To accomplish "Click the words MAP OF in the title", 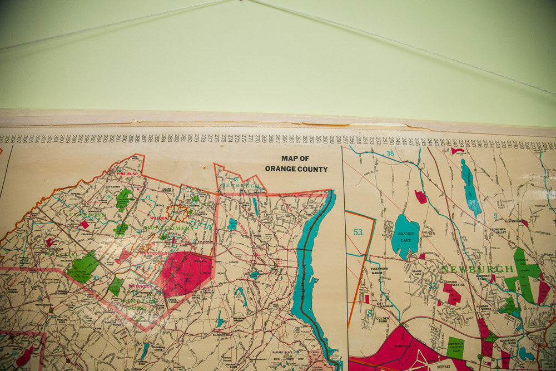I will point(295,159).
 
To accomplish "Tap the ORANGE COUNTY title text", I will point(296,169).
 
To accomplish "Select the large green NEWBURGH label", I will point(477,269).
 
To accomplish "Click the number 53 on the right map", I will point(358,231).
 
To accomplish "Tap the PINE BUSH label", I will point(127,174).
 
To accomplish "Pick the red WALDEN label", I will point(158,219).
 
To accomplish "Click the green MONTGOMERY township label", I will point(169,227).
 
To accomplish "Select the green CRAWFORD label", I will point(87,215).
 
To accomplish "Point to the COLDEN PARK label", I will point(382,320).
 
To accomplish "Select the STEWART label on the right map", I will point(443,367).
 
